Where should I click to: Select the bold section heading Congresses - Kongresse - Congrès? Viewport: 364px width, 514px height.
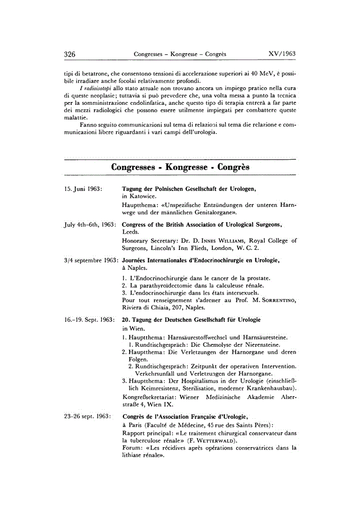(x=181, y=168)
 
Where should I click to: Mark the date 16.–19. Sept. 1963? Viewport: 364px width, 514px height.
(x=89, y=320)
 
